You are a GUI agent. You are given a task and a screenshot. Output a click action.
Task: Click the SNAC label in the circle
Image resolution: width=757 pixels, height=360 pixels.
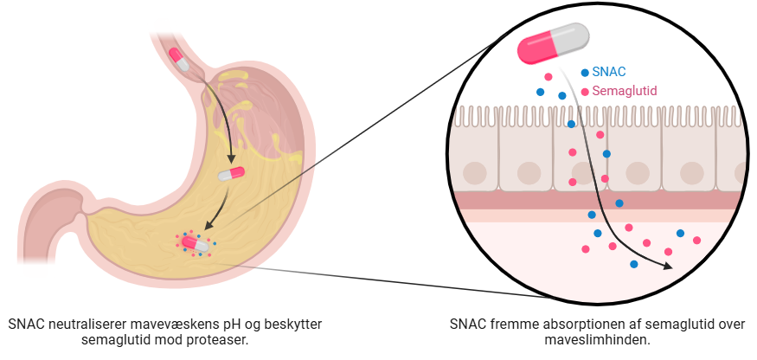coord(608,73)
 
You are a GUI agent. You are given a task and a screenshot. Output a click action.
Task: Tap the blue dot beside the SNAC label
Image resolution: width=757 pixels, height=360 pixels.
coord(585,73)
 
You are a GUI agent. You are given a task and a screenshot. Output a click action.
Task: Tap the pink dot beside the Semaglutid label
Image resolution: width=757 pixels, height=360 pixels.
coord(585,91)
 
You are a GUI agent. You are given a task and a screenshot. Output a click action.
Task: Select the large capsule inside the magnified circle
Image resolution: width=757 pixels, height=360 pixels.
coord(553,43)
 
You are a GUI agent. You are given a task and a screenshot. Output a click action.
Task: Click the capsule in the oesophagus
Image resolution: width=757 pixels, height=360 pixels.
coord(180,59)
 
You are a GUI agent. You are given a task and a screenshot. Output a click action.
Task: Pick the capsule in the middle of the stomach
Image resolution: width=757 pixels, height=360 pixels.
coord(231,173)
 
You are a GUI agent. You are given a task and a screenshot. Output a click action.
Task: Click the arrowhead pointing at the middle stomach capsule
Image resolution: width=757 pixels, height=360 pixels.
coord(231,160)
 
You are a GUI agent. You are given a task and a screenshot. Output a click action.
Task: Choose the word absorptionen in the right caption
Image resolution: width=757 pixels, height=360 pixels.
coord(564,324)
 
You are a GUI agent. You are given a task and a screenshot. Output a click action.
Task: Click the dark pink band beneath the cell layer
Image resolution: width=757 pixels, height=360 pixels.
coord(597,200)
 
